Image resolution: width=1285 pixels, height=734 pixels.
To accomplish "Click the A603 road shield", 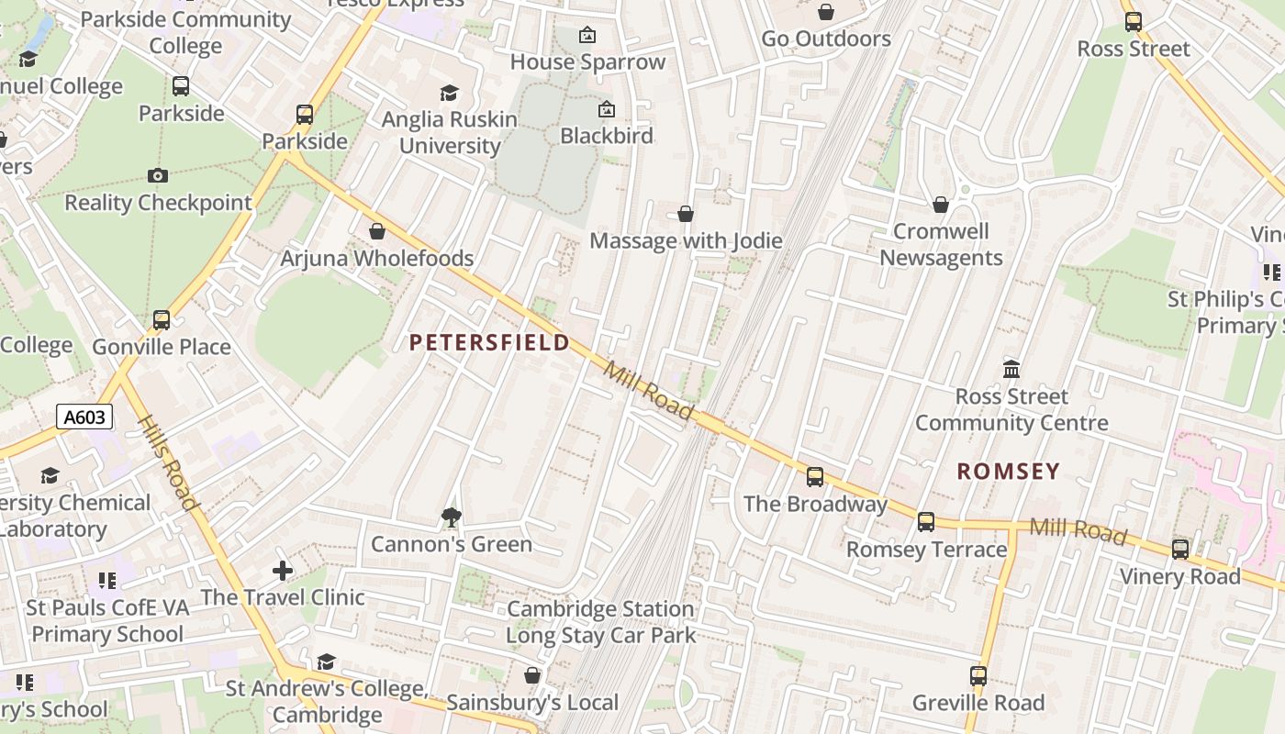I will tap(84, 417).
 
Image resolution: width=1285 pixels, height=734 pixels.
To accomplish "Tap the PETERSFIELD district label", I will tap(489, 343).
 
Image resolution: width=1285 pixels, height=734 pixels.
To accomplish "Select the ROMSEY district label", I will tap(1008, 472).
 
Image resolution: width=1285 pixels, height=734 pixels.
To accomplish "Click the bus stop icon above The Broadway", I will tap(814, 477).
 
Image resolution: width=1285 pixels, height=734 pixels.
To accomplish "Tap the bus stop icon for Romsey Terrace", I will tap(926, 522).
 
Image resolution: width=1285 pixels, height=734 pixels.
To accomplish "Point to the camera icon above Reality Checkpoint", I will tap(158, 175).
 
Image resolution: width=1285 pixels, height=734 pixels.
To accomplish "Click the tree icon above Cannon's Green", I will tap(451, 517).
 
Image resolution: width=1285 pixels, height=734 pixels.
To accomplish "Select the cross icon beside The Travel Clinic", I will tap(283, 571).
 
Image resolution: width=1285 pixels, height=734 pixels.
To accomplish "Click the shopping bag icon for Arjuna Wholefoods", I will tap(376, 231).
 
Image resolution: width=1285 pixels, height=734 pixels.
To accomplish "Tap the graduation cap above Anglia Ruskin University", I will tap(449, 93).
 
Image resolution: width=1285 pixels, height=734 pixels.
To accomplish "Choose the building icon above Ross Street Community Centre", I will tap(1011, 370).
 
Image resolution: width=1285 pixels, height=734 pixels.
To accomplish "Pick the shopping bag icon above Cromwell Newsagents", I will tap(940, 205).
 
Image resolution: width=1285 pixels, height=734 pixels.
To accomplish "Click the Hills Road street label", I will tap(168, 463).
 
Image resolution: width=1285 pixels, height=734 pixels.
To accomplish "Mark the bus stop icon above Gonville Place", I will tap(162, 320).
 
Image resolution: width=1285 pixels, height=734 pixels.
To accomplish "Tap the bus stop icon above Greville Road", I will tap(978, 676).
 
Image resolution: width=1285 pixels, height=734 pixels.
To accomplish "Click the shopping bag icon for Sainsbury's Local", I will tap(531, 676).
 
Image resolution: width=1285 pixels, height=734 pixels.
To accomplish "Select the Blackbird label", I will tap(607, 136).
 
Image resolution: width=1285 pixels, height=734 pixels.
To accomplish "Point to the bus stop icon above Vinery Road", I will tap(1180, 550).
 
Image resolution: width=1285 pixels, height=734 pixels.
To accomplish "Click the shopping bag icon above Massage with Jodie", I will tap(685, 214).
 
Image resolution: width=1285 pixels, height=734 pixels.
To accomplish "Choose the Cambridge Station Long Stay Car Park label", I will tap(600, 622).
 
